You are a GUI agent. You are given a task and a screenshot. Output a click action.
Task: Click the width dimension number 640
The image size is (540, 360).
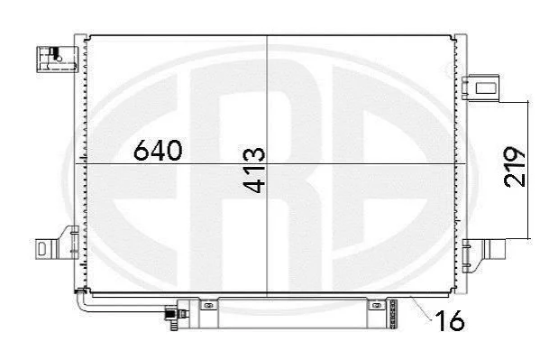point(158,151)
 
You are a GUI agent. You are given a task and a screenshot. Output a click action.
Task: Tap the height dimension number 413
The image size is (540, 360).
point(254,170)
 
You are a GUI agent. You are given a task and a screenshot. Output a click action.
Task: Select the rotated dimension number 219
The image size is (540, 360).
point(515,167)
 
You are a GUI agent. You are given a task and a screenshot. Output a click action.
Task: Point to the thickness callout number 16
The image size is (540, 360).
point(450,320)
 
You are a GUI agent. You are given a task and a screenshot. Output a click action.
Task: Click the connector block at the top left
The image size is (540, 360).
point(57,60)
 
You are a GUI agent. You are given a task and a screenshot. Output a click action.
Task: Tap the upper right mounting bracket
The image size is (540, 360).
point(481,88)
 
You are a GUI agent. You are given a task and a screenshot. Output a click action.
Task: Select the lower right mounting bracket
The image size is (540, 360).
point(483,254)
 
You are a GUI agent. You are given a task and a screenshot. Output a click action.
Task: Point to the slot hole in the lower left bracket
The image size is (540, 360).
point(42,249)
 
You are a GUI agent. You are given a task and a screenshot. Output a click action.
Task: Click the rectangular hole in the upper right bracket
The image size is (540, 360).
point(486,88)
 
